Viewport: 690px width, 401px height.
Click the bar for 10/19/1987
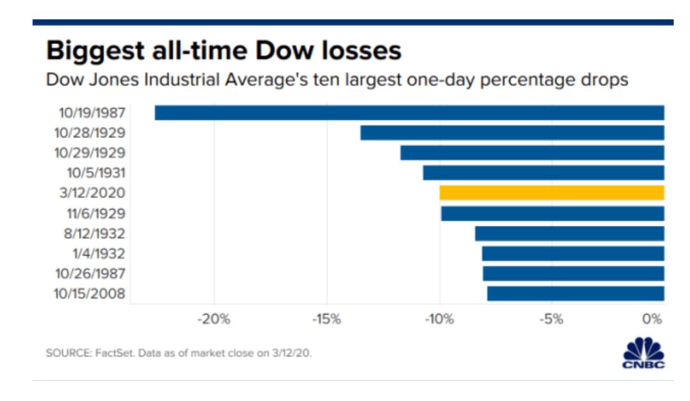409,113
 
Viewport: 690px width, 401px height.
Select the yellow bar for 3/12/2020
551,193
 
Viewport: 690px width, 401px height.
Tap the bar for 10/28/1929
512,132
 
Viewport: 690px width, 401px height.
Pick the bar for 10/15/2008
575,294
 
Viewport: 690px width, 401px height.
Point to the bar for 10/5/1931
543,173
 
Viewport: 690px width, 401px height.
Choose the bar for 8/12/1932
569,233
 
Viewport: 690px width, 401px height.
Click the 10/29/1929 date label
89,153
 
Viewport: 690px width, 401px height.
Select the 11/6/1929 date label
95,214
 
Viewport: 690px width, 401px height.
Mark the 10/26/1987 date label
89,274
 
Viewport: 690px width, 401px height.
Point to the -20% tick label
214,320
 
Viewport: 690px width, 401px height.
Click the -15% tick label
326,320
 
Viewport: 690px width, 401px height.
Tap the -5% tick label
551,320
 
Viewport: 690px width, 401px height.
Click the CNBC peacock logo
643,352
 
